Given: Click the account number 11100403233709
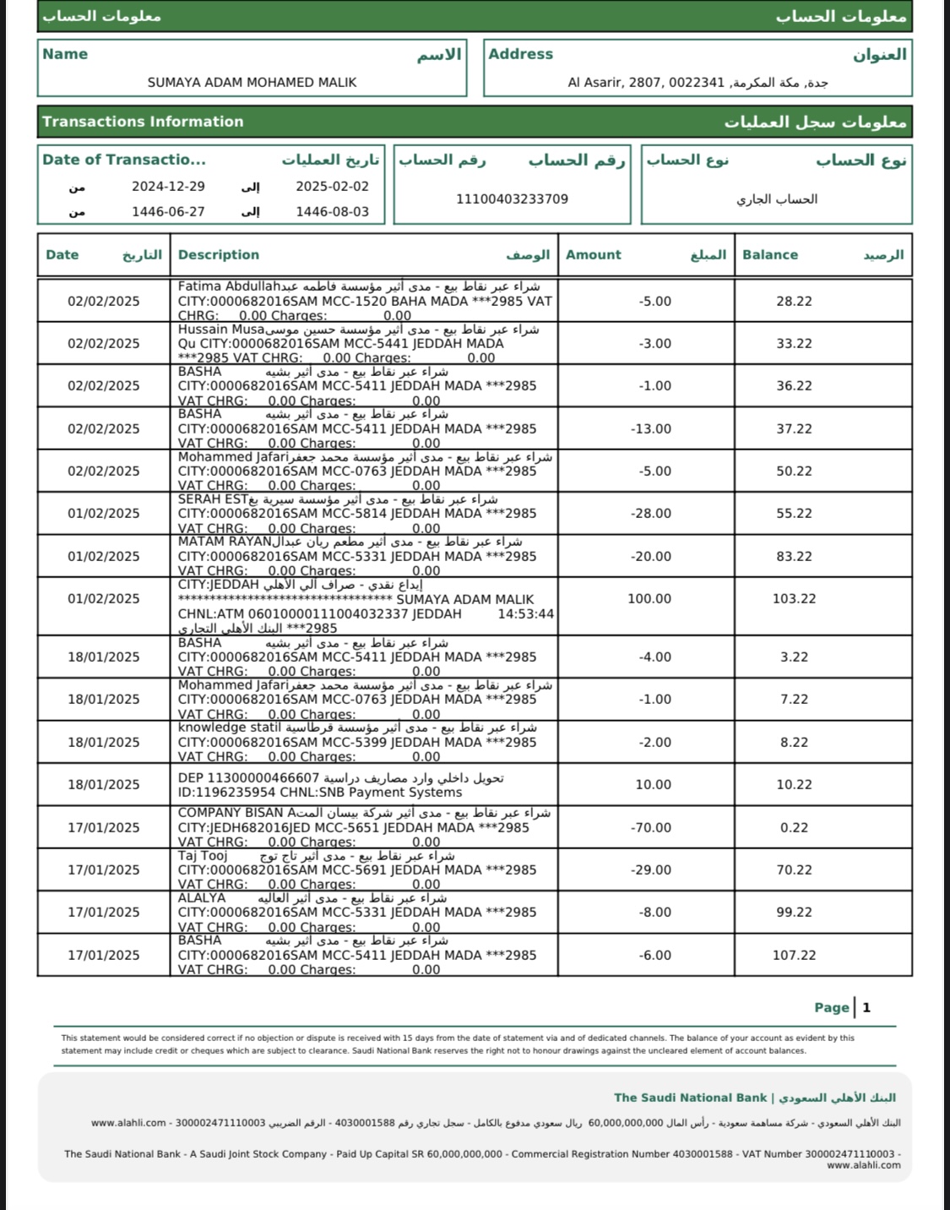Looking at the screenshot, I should point(512,199).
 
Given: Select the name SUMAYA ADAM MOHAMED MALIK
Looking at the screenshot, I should point(252,83).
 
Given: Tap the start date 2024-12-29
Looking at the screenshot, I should point(168,187).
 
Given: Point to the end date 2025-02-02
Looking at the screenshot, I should point(332,187).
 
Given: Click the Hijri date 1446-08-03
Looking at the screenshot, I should point(332,212).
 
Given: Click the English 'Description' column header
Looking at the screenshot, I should point(219,255).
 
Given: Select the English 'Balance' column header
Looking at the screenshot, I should point(769,255).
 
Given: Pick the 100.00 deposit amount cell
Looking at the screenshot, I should point(649,599).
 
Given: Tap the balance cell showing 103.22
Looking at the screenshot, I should point(794,599).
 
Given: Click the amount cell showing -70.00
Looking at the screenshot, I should point(651,828).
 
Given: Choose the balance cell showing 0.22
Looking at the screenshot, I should point(794,828).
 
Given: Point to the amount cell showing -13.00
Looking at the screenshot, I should point(651,429).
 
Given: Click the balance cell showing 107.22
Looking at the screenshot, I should point(794,956).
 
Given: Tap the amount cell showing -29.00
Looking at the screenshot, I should point(651,870).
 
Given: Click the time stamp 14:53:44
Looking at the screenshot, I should point(525,614).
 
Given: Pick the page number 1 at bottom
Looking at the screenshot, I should point(866,1007).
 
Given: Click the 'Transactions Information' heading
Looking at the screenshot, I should point(143,122).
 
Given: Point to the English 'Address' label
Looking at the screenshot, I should point(520,54).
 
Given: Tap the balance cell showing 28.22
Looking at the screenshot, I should point(794,302).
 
